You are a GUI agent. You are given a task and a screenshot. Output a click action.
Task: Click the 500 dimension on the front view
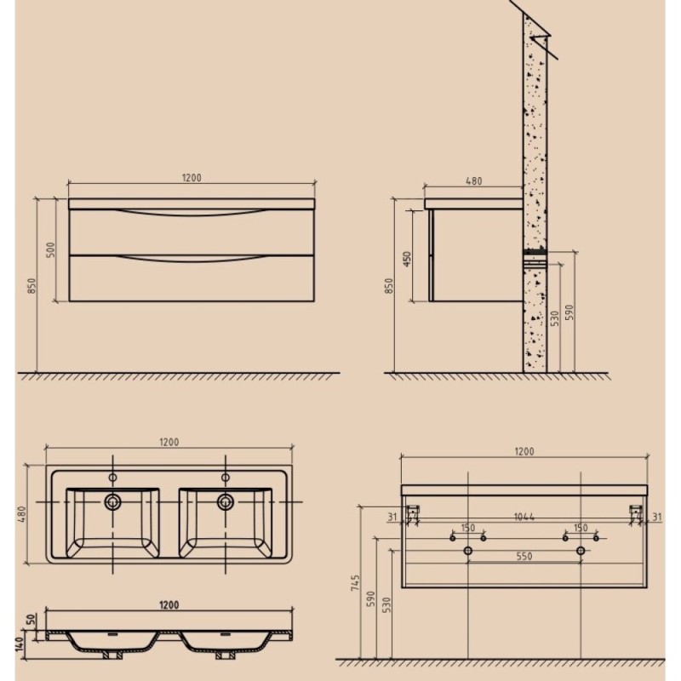(x=51, y=249)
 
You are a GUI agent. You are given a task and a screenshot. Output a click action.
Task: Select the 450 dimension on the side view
(x=407, y=259)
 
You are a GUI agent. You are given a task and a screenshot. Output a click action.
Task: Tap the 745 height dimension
(x=356, y=582)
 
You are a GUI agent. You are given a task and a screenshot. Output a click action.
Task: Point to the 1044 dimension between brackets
(x=524, y=517)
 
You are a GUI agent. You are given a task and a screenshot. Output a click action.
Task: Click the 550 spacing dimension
(x=524, y=556)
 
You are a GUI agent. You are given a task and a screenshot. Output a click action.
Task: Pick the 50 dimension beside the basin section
(x=31, y=620)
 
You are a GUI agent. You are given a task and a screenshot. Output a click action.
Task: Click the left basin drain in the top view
(x=113, y=502)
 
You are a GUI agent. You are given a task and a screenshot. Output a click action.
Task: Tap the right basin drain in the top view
(x=226, y=502)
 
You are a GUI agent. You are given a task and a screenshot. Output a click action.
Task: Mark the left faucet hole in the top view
(x=113, y=478)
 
